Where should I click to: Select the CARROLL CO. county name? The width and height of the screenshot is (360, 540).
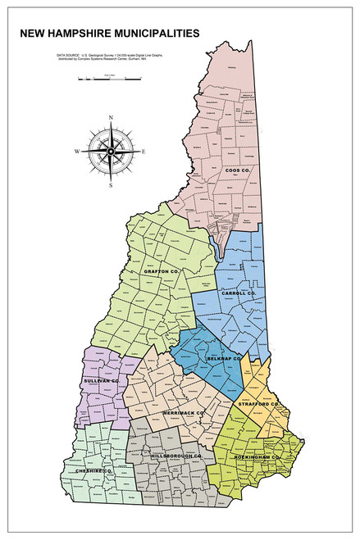pyautogui.click(x=239, y=293)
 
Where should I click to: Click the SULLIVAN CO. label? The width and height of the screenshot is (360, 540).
pyautogui.click(x=102, y=381)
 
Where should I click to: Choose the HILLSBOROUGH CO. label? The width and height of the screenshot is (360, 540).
pyautogui.click(x=176, y=455)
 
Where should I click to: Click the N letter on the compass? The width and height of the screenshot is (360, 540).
pyautogui.click(x=110, y=120)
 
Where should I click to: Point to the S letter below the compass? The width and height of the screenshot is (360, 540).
pyautogui.click(x=110, y=186)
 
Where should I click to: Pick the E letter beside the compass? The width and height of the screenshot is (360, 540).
pyautogui.click(x=144, y=152)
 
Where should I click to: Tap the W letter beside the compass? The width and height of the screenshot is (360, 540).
pyautogui.click(x=76, y=152)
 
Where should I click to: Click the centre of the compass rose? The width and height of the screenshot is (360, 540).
pyautogui.click(x=110, y=152)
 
